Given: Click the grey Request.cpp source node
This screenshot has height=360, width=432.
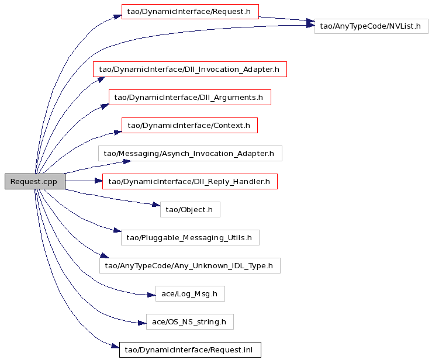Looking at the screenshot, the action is [x=35, y=182].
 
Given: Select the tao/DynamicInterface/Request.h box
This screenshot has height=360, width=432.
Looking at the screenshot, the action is [x=190, y=12].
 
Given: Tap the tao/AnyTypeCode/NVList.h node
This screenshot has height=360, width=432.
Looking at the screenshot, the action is [x=371, y=26].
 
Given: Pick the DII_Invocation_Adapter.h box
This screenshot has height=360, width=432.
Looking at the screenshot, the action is [x=190, y=69].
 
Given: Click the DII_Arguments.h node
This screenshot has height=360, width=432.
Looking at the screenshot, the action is [x=190, y=97].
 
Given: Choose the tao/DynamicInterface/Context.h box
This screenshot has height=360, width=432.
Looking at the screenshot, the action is [x=189, y=125].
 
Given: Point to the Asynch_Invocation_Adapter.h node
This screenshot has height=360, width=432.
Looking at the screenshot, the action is [x=190, y=154].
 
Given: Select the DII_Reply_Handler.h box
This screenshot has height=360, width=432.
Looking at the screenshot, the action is [x=190, y=182].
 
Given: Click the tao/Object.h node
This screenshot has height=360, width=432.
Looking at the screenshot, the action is [x=190, y=210].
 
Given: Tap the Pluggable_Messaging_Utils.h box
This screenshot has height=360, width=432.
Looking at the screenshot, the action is [x=190, y=237].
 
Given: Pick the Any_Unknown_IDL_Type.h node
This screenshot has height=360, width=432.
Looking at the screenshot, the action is [x=190, y=265].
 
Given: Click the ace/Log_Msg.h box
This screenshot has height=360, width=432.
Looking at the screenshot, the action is [x=190, y=293].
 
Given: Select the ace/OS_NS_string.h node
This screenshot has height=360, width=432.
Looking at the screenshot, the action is [x=190, y=321].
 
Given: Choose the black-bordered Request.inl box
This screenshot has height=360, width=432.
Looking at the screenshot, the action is [x=190, y=350].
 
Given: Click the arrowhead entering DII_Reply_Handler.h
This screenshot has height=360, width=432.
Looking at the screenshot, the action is [x=98, y=181].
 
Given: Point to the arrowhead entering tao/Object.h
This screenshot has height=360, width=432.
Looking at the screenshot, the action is [x=157, y=205].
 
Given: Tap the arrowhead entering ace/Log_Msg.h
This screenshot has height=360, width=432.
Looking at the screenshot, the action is [x=151, y=295].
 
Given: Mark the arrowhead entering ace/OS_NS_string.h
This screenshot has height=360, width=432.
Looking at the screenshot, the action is [x=142, y=323].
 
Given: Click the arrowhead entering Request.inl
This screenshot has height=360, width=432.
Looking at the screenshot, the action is [x=115, y=345].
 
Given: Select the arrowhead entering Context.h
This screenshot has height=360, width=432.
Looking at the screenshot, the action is [x=118, y=133].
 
